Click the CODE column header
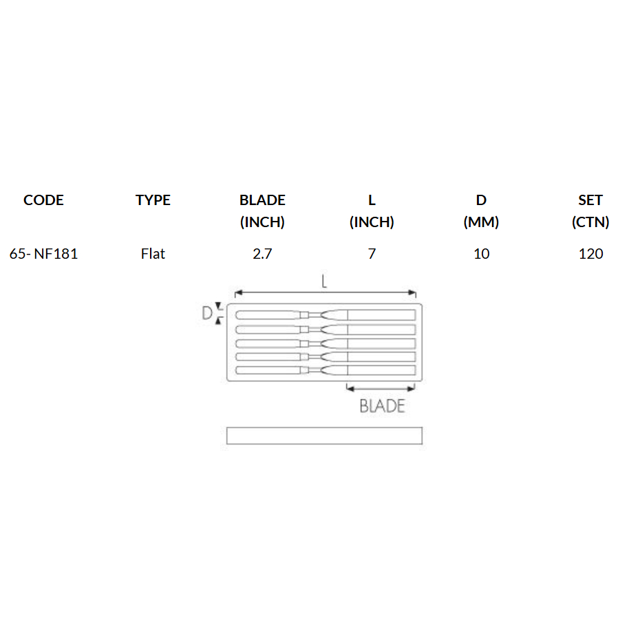43,200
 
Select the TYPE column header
153,200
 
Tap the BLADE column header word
262,200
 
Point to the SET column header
590,200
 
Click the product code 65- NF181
43,254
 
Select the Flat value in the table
153,254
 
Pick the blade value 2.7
262,254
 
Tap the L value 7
372,254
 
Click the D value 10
482,254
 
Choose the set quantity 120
590,254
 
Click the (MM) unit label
482,222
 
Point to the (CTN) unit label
590,222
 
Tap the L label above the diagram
324,281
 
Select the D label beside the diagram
206,314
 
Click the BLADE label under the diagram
382,406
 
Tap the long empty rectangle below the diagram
324,436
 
